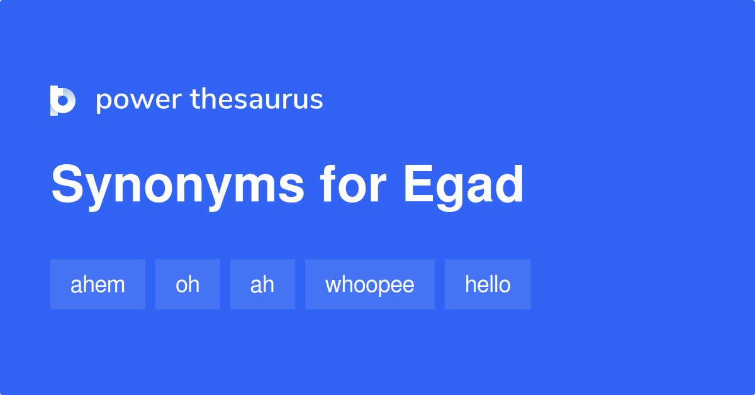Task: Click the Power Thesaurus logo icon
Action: [x=63, y=101]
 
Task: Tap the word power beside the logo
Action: [x=138, y=100]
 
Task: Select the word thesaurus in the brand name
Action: [x=256, y=100]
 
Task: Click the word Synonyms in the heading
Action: [x=178, y=186]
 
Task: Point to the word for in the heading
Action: [x=354, y=185]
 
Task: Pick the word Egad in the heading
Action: [x=464, y=186]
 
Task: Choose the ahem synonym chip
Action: [x=98, y=284]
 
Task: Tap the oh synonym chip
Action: [x=187, y=284]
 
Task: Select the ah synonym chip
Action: [x=262, y=284]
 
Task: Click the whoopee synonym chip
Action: [x=370, y=284]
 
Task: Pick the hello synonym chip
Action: [x=488, y=284]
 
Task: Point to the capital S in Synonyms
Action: [x=67, y=185]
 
